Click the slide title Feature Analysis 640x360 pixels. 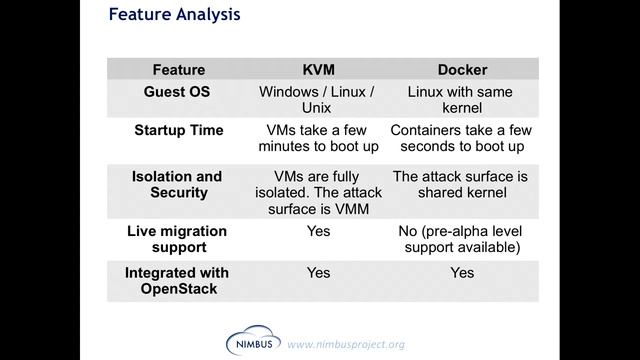pyautogui.click(x=173, y=16)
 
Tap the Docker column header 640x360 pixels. pyautogui.click(x=462, y=70)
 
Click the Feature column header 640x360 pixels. pyautogui.click(x=178, y=70)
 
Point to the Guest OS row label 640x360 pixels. pyautogui.click(x=178, y=92)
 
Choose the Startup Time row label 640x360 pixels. pyautogui.click(x=178, y=131)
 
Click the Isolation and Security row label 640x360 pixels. pyautogui.click(x=177, y=184)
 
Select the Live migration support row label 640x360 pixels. pyautogui.click(x=177, y=238)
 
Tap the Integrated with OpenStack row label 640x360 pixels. pyautogui.click(x=177, y=280)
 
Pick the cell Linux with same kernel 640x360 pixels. pyautogui.click(x=461, y=99)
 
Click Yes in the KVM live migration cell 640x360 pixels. pyautogui.click(x=318, y=231)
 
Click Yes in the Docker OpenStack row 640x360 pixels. pyautogui.click(x=462, y=273)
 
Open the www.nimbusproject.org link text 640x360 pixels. pyautogui.click(x=346, y=345)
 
